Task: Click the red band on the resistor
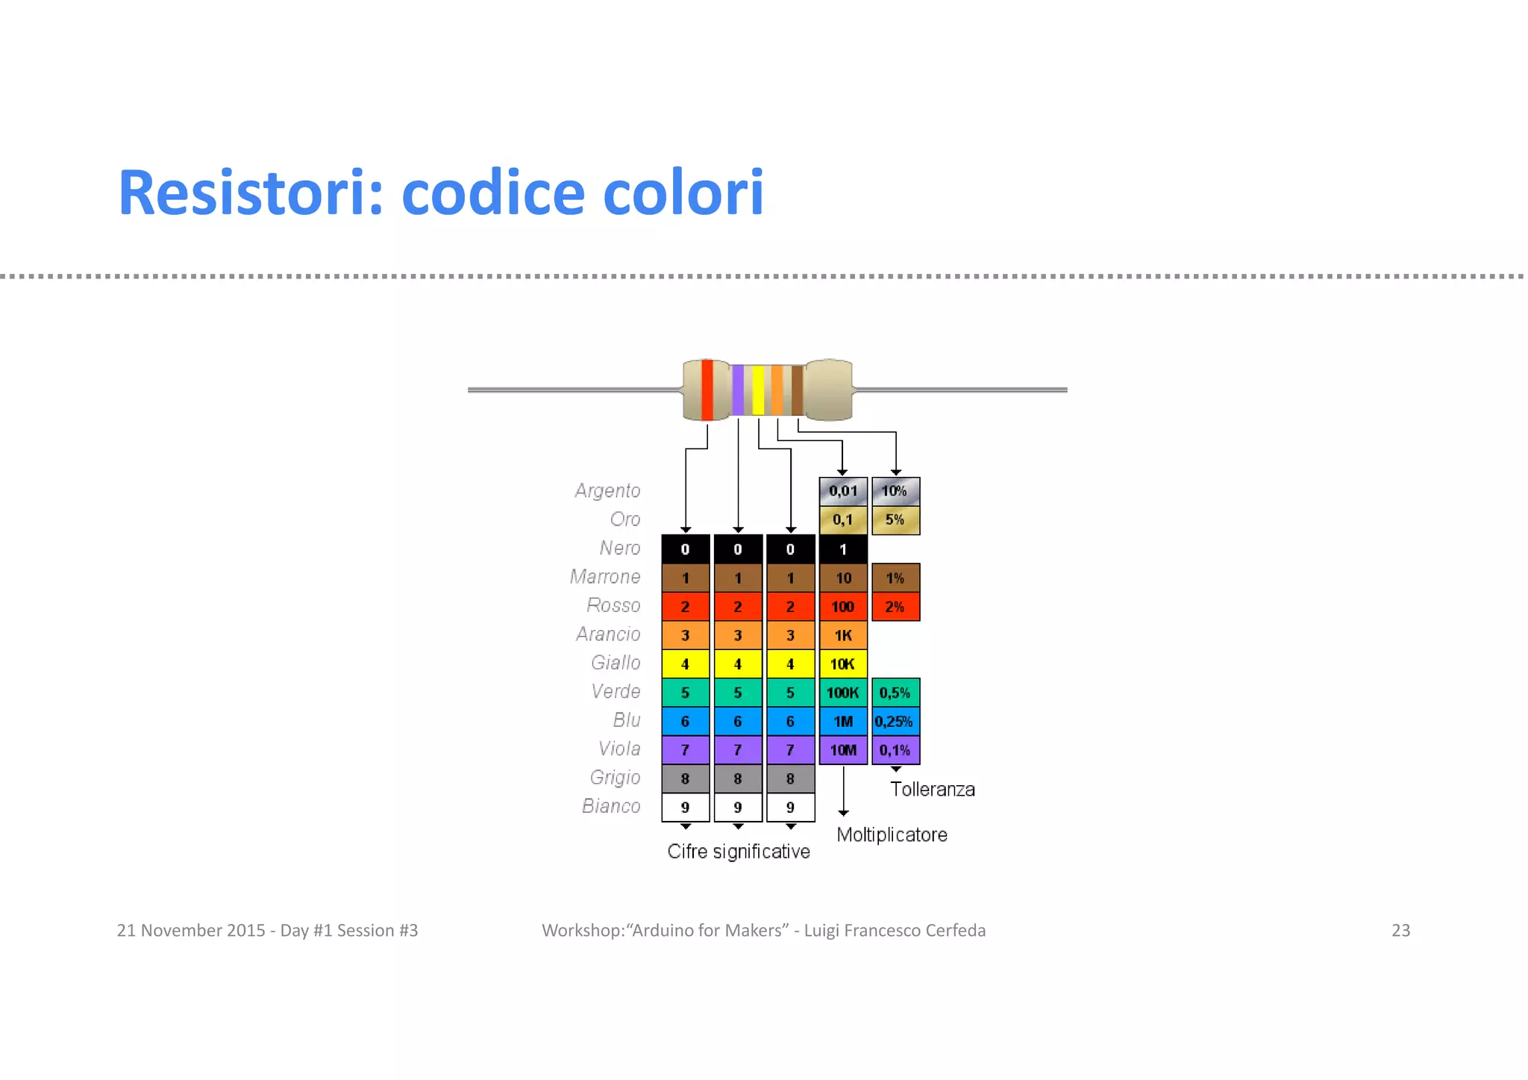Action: coord(707,390)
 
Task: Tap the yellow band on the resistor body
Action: coord(758,390)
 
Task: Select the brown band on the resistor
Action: coord(797,390)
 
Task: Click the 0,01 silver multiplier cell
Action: coord(843,491)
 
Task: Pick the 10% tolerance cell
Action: coord(895,491)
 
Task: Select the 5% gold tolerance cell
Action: coord(895,519)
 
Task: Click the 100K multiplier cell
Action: coord(843,693)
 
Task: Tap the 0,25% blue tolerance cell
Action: coord(895,722)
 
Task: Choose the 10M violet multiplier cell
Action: coord(843,750)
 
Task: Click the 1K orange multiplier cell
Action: coord(843,635)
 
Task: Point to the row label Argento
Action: coord(607,491)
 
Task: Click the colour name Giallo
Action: coord(616,663)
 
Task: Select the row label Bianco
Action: coord(611,806)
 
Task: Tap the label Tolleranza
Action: coord(933,790)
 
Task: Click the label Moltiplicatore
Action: coord(892,834)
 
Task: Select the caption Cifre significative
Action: coord(739,852)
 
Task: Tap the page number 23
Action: coord(1400,930)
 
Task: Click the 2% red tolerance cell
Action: coord(895,607)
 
